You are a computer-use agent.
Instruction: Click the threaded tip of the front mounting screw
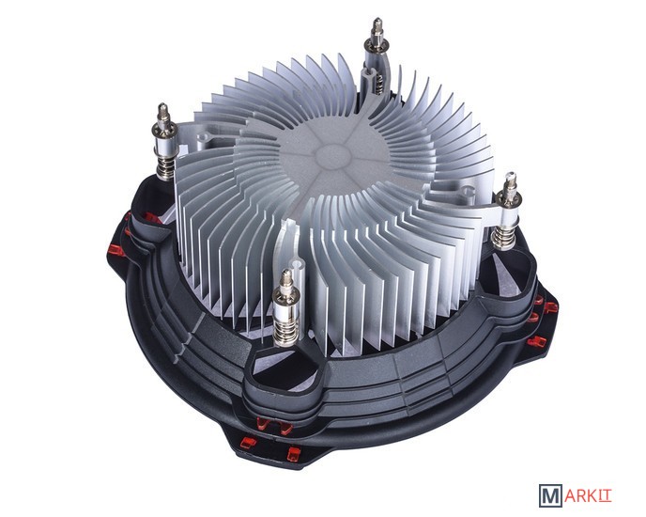pyautogui.click(x=285, y=278)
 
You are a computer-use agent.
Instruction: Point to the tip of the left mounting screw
pyautogui.click(x=163, y=112)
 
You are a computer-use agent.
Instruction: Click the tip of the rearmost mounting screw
pyautogui.click(x=377, y=28)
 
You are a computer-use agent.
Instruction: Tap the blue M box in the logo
pyautogui.click(x=550, y=494)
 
